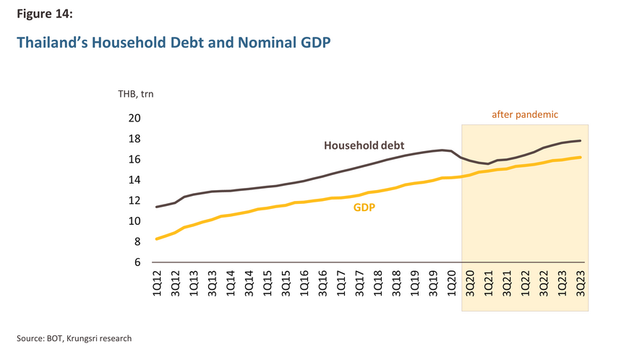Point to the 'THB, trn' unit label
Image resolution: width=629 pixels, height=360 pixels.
click(x=136, y=94)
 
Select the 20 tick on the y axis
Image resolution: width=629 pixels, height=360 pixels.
click(x=134, y=119)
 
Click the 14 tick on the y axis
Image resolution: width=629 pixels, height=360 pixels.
click(x=134, y=180)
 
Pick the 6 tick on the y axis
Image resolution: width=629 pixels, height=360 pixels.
click(x=137, y=262)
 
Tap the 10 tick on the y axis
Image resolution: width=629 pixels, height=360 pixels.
click(x=134, y=221)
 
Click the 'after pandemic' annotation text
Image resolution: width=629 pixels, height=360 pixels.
click(x=525, y=114)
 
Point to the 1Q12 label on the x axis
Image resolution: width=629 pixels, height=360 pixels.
click(x=157, y=284)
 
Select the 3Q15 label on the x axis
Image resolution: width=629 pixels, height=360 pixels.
click(x=286, y=284)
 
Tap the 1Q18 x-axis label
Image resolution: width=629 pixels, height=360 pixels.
click(x=377, y=284)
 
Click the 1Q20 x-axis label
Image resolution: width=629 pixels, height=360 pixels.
click(x=451, y=284)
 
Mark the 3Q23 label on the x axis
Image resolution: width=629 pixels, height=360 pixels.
click(x=580, y=284)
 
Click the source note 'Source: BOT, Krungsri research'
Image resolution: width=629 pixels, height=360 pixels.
click(x=74, y=338)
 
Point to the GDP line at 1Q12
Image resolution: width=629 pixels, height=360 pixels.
click(x=157, y=239)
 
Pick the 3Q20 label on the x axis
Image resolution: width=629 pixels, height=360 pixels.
click(x=470, y=284)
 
